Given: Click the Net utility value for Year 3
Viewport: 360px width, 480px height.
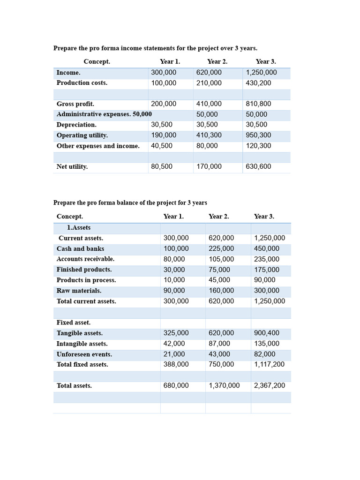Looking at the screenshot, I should [258, 166].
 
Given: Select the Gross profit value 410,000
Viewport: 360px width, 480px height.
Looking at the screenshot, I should [209, 104].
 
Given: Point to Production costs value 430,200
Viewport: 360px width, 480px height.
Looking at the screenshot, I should [258, 83].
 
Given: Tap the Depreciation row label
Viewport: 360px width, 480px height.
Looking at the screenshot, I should [76, 125].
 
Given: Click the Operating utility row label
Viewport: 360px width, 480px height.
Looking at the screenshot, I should [82, 135].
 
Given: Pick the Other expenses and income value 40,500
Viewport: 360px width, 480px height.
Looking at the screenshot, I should [162, 146].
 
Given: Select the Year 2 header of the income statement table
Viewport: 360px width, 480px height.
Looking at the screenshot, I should [217, 61].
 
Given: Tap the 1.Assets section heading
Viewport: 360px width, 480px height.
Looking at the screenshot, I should [79, 227].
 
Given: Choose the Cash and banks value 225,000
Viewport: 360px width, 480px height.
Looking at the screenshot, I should [221, 248].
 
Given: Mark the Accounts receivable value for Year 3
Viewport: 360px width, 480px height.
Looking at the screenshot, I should [267, 259].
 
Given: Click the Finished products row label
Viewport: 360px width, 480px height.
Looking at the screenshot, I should [84, 270].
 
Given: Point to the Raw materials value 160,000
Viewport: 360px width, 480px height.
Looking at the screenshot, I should [221, 291].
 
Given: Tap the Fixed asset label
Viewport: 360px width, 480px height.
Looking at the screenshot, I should [74, 322].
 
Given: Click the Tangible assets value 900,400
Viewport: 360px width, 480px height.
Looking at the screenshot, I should [267, 333].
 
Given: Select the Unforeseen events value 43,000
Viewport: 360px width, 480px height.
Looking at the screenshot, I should [219, 354].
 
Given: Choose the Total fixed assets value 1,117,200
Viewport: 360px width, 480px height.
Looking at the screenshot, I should [269, 364].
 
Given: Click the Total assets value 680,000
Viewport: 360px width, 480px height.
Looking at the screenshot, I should [176, 385].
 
